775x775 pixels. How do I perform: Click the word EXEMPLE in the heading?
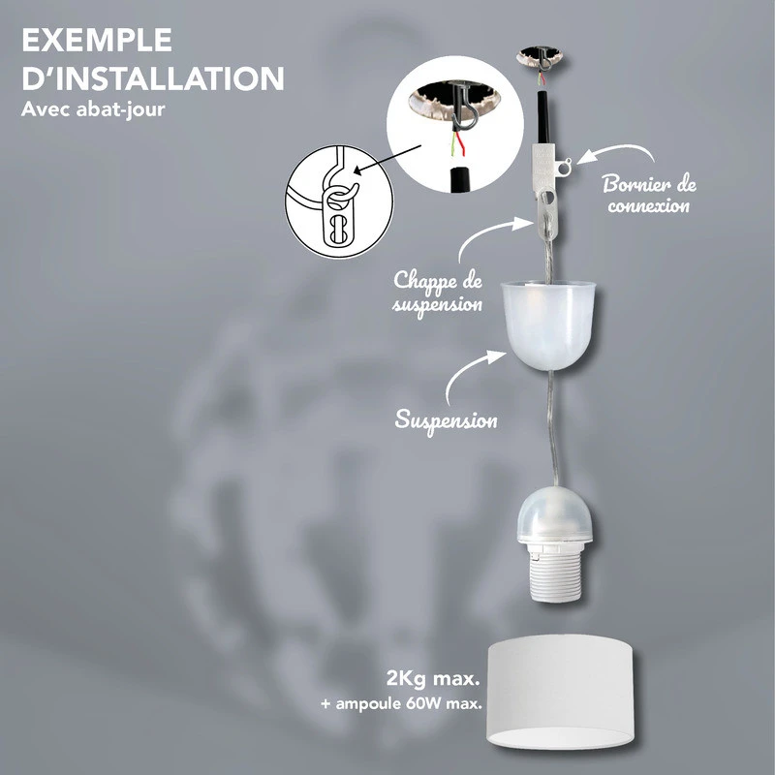[97, 41]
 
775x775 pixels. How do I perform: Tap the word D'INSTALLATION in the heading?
[153, 78]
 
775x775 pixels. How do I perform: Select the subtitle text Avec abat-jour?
[93, 109]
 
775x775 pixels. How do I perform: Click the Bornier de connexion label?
[649, 195]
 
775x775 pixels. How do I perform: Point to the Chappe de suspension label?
[438, 292]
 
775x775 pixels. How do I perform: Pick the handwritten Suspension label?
[446, 421]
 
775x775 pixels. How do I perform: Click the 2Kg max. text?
[433, 679]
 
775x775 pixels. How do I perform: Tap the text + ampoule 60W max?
[401, 703]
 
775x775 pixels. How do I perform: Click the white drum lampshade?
[561, 692]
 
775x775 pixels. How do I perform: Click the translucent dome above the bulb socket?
[553, 514]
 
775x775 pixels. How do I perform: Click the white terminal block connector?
[546, 164]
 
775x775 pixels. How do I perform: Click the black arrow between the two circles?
[388, 160]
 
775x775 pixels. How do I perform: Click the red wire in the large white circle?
[460, 142]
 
